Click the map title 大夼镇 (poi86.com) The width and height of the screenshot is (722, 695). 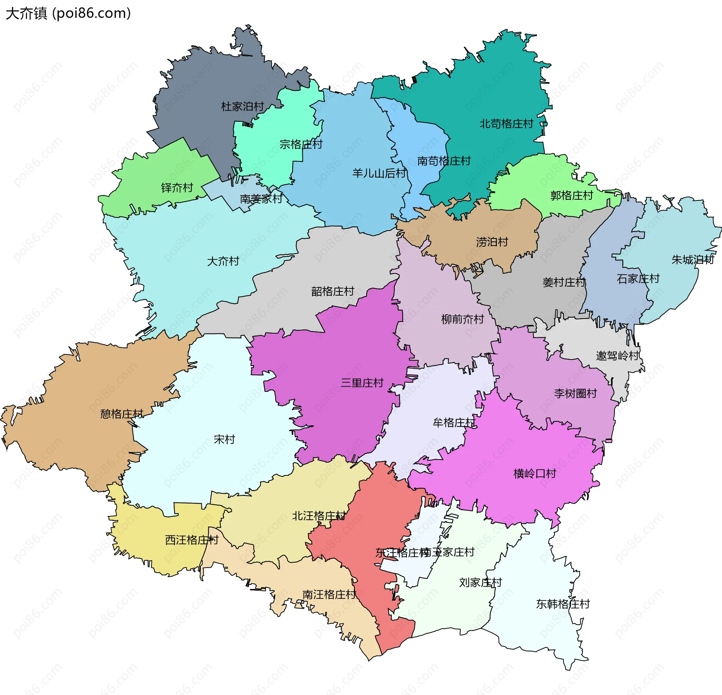click(68, 14)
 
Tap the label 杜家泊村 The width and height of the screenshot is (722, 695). click(243, 106)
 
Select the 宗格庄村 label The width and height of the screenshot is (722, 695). click(301, 144)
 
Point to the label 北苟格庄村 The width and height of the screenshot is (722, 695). click(506, 123)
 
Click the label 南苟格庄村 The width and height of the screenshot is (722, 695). click(444, 161)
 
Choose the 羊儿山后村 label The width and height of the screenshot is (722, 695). click(379, 173)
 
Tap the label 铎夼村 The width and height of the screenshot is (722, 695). click(177, 187)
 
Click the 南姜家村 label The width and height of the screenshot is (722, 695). click(261, 199)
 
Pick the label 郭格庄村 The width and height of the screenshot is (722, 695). click(571, 195)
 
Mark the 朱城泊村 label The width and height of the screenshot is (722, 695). click(693, 259)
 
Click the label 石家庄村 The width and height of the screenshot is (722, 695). click(638, 279)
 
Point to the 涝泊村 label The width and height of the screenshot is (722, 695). click(492, 242)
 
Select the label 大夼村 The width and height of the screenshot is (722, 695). click(223, 261)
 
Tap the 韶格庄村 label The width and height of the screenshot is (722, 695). click(332, 291)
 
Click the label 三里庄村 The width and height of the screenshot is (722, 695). click(362, 383)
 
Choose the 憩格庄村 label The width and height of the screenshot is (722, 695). click(121, 414)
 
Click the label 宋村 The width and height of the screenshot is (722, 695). click(224, 439)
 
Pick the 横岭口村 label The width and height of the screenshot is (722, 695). click(534, 473)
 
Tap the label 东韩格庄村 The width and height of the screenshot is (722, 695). click(563, 604)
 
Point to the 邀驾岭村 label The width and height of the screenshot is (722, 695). click(617, 355)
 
